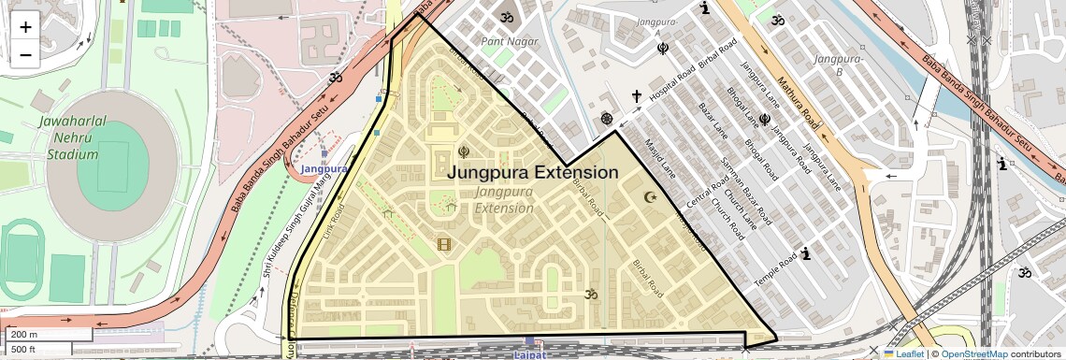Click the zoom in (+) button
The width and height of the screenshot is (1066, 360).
coord(25,26)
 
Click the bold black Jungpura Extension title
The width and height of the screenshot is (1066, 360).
coord(532,173)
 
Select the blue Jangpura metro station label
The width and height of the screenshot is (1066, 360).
coord(324,168)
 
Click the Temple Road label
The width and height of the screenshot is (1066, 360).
coord(775,269)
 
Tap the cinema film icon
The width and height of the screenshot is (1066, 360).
coord(444,245)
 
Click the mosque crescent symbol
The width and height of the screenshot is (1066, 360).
coord(652,197)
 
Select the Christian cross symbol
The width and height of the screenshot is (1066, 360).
coord(636,96)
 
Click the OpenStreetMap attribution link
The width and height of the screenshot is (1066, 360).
coord(973,353)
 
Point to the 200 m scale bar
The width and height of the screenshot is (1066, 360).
coord(47,334)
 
